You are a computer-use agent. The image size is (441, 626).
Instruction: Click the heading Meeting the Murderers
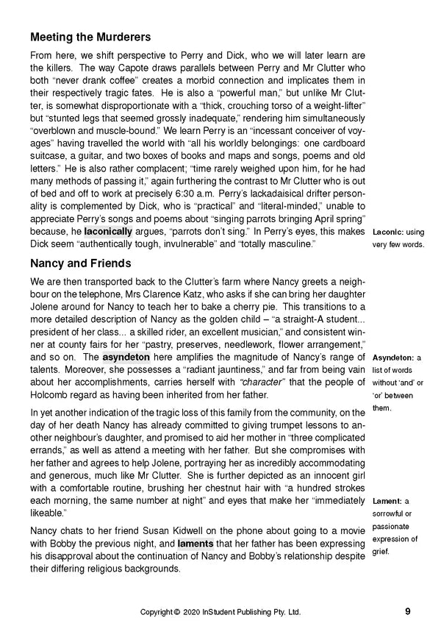(x=90, y=37)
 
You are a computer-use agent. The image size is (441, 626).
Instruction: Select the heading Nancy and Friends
(x=81, y=263)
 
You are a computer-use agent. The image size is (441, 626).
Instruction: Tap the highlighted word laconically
(x=108, y=231)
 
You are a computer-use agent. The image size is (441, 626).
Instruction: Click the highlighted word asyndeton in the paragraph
(x=126, y=357)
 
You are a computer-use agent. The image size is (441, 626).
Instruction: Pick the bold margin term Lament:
(x=389, y=501)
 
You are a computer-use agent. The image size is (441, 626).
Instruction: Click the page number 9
(x=408, y=610)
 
